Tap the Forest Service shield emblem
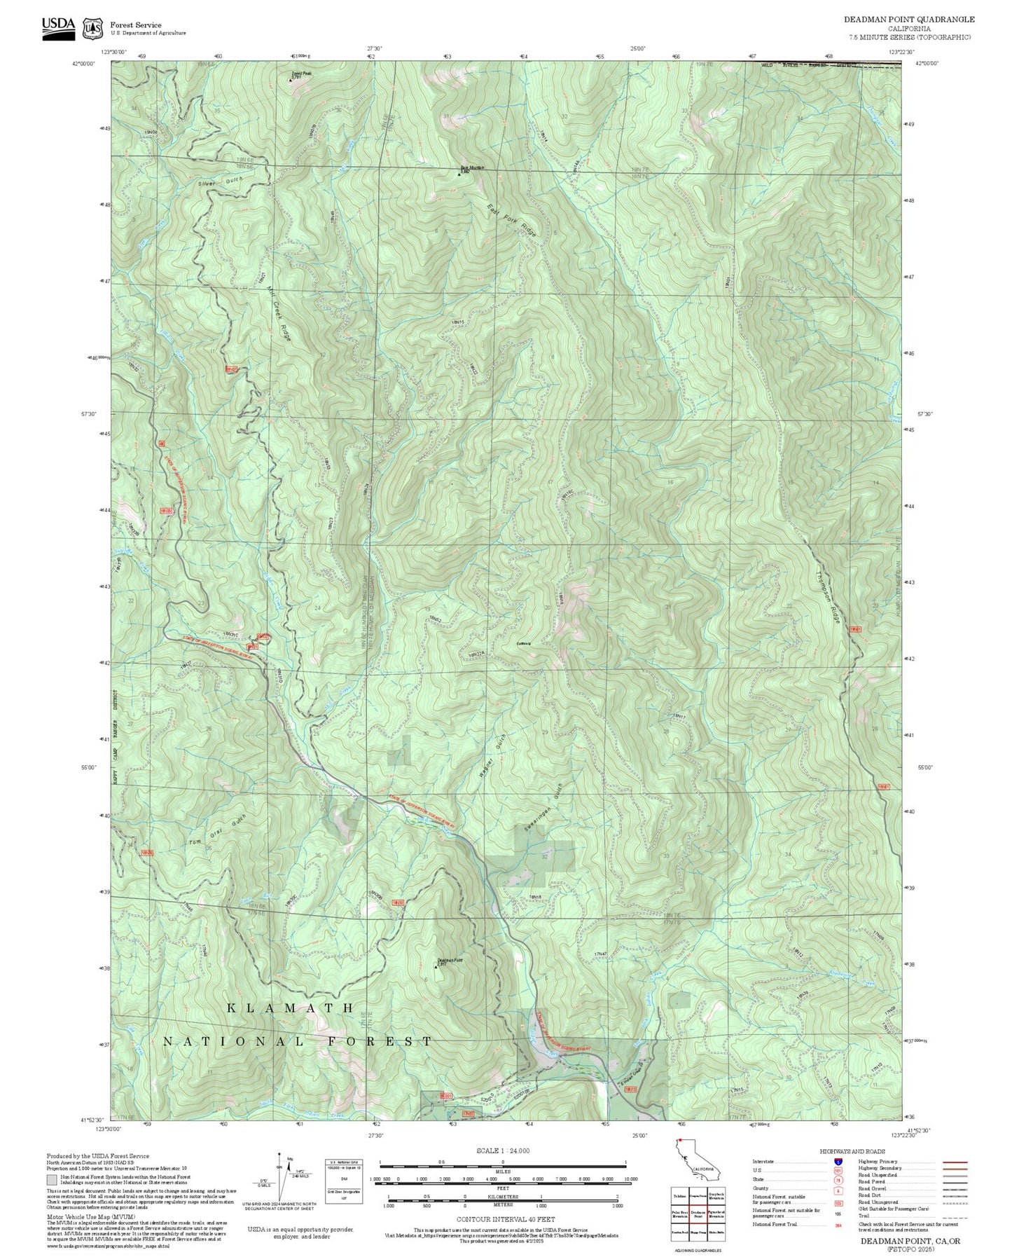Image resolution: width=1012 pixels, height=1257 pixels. coord(92,29)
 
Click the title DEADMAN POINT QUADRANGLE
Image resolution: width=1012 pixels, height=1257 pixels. coord(908,20)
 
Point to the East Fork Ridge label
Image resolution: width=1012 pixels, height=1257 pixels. coord(511,219)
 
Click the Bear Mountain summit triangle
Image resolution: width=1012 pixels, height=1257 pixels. coord(459,174)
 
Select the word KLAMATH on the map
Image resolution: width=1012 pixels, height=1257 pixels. coord(291,1008)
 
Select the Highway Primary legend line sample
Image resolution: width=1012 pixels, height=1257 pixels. coord(955,1162)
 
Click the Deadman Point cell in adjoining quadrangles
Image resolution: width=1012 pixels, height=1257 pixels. coord(698,1214)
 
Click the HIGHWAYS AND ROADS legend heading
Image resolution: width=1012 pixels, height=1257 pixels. coord(852,1151)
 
